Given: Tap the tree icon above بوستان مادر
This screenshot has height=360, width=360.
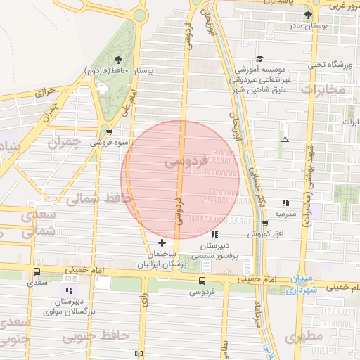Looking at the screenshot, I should tap(307, 15).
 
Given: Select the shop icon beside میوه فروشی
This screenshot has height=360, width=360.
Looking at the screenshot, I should tap(109, 131).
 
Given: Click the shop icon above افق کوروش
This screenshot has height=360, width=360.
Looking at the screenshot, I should tap(265, 223).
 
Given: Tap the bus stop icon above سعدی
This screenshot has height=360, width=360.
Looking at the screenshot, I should tap(37, 271).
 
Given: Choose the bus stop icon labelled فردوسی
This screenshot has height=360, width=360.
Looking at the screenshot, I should tap(202, 281).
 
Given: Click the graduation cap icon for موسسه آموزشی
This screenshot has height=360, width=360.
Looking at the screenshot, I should tap(259, 59).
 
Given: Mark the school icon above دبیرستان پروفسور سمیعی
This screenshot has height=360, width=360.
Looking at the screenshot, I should tap(214, 235).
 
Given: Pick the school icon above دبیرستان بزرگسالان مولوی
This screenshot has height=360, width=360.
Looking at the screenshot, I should tap(69, 290).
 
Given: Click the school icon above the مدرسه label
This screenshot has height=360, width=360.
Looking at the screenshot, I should tap(285, 202).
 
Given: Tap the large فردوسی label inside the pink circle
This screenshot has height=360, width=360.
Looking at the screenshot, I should tap(186, 162).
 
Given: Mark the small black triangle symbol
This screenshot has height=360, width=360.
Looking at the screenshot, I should tap(285, 139).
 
